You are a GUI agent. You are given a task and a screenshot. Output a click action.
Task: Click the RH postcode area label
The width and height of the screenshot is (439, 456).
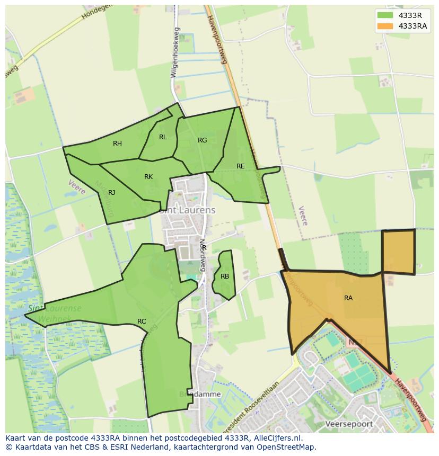click(x=117, y=144)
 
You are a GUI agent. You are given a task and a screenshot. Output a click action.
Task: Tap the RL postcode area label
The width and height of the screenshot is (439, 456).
click(x=163, y=137)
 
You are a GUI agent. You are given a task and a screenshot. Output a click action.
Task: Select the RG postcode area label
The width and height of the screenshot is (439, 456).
click(x=202, y=140)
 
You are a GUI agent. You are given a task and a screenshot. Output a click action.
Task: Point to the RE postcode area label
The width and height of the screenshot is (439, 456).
click(x=241, y=166)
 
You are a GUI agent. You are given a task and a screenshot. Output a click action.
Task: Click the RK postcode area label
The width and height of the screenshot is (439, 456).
click(x=148, y=177)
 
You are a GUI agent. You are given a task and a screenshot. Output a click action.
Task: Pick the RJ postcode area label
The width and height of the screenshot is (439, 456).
click(x=111, y=193)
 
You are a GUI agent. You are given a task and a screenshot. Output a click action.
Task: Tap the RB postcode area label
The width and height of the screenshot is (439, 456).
click(x=225, y=276)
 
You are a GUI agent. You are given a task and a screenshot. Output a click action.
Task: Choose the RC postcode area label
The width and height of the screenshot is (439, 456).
click(x=142, y=321)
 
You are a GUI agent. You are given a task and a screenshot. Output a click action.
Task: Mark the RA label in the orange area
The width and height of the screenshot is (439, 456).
click(x=348, y=298)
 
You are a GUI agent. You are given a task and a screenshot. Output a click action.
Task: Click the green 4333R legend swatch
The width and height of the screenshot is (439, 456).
click(x=385, y=15)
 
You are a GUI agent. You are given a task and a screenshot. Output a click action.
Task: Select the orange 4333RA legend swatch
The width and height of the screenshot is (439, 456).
click(x=385, y=26)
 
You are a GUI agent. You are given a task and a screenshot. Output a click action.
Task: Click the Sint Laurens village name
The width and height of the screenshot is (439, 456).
click(x=188, y=210)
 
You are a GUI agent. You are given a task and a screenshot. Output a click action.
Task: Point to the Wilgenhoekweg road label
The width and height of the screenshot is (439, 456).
click(x=174, y=53)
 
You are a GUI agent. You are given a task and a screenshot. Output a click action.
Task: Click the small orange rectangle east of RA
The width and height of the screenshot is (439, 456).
click(x=398, y=252)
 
